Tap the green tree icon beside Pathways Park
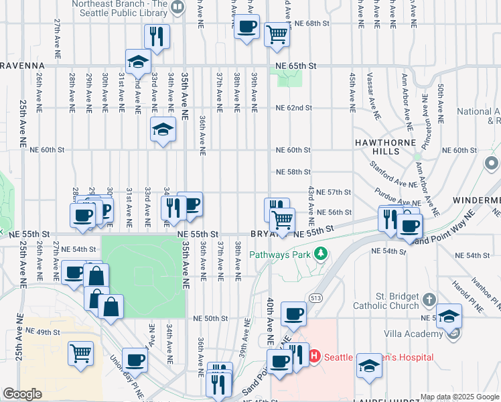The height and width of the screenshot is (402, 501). [x=321, y=253]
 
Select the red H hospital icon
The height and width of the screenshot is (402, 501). [x=315, y=357]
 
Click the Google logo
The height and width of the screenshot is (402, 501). [x=22, y=394]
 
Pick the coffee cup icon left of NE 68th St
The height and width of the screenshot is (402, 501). [x=247, y=27]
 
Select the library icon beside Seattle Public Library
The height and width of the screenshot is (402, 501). [x=177, y=7]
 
